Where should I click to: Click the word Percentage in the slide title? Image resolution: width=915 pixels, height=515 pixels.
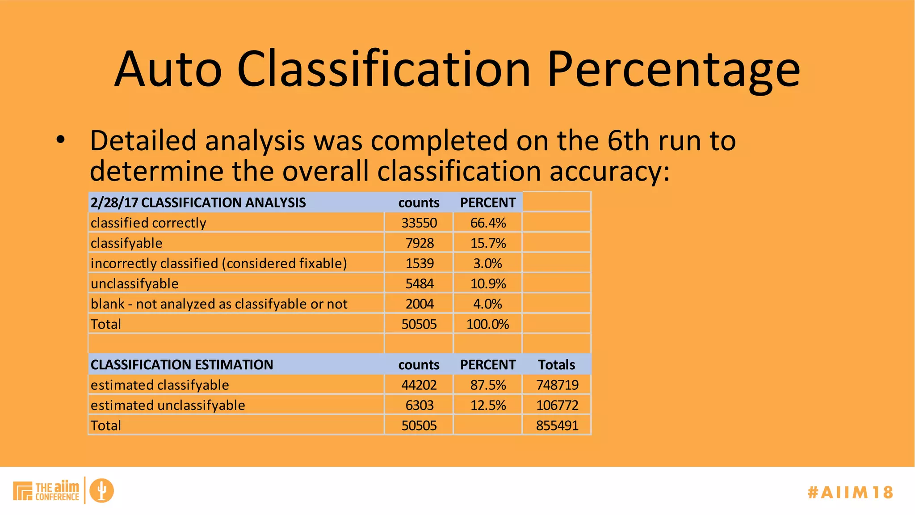[x=673, y=70]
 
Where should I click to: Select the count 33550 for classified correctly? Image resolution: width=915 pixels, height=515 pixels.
[x=419, y=223]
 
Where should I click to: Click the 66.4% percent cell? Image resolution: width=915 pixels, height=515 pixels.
[x=488, y=223]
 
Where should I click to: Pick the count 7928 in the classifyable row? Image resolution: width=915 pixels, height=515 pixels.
[x=420, y=243]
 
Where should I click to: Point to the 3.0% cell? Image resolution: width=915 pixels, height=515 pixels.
[x=488, y=263]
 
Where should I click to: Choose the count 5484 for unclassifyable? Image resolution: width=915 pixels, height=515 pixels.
[x=420, y=283]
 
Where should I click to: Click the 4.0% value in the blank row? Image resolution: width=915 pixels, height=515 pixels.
[x=488, y=304]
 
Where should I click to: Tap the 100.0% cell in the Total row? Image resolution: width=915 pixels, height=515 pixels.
[x=488, y=324]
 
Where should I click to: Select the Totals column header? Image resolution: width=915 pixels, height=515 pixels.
[x=557, y=365]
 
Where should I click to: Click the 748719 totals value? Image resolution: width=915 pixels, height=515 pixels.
[x=557, y=385]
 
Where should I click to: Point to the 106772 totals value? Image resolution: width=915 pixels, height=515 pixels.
[x=557, y=405]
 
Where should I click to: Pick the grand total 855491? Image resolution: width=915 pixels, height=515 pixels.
[x=557, y=426]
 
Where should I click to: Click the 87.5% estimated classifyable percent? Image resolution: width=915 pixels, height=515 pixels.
[x=488, y=385]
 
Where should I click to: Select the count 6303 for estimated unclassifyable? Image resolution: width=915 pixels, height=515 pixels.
[x=420, y=405]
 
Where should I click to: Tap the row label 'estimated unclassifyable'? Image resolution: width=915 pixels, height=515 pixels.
[x=168, y=405]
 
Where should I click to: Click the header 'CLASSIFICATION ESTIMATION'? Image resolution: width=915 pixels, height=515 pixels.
[x=182, y=365]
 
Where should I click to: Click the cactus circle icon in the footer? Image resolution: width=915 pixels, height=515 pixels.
[x=101, y=490]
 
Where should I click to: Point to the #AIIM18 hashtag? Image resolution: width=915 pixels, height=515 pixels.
[x=850, y=492]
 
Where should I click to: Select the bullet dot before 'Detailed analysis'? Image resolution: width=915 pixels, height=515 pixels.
[x=61, y=140]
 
